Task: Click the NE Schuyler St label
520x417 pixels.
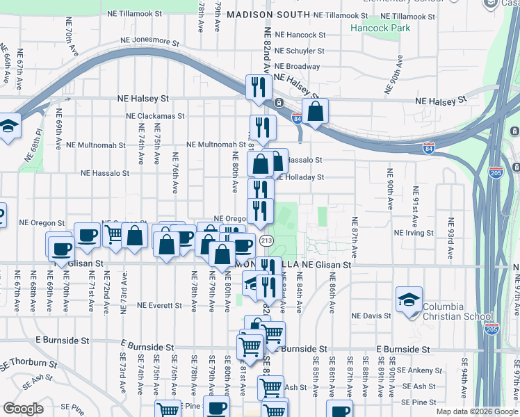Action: coord(300,51)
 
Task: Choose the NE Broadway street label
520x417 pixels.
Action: coord(297,67)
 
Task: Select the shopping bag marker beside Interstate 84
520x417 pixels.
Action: coord(315,111)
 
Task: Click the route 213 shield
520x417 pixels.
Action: coord(266,240)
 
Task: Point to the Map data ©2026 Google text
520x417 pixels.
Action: coord(476,411)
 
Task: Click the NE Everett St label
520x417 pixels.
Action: coord(161,305)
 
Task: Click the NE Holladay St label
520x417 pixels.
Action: coord(300,177)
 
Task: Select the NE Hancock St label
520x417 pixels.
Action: coord(300,34)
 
